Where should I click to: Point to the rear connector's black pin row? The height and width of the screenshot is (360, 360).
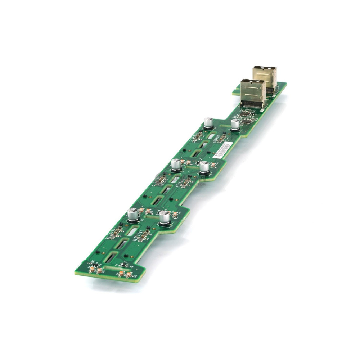(x=270, y=90)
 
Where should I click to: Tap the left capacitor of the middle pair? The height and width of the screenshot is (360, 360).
(x=176, y=165)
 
